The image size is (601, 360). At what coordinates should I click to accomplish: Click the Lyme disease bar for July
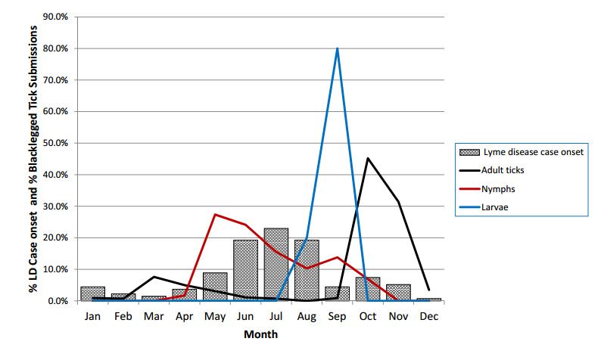(x=276, y=265)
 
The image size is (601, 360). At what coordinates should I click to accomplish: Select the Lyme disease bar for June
(x=246, y=271)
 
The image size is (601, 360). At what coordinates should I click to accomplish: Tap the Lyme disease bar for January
(x=92, y=293)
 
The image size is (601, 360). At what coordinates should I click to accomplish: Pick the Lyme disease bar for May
(x=215, y=287)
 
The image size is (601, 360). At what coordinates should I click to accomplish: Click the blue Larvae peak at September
(x=337, y=48)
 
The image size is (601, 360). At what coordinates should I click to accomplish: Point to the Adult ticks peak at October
(x=368, y=158)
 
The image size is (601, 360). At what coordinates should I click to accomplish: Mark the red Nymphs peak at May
(x=215, y=214)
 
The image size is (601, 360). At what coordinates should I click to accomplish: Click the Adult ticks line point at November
(x=398, y=202)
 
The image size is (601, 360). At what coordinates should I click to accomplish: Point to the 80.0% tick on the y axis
(x=59, y=48)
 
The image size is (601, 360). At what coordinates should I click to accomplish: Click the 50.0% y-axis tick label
(x=59, y=143)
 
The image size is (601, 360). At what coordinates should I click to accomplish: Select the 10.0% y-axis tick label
(x=59, y=269)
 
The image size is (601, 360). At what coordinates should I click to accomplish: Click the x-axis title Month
(x=260, y=334)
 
